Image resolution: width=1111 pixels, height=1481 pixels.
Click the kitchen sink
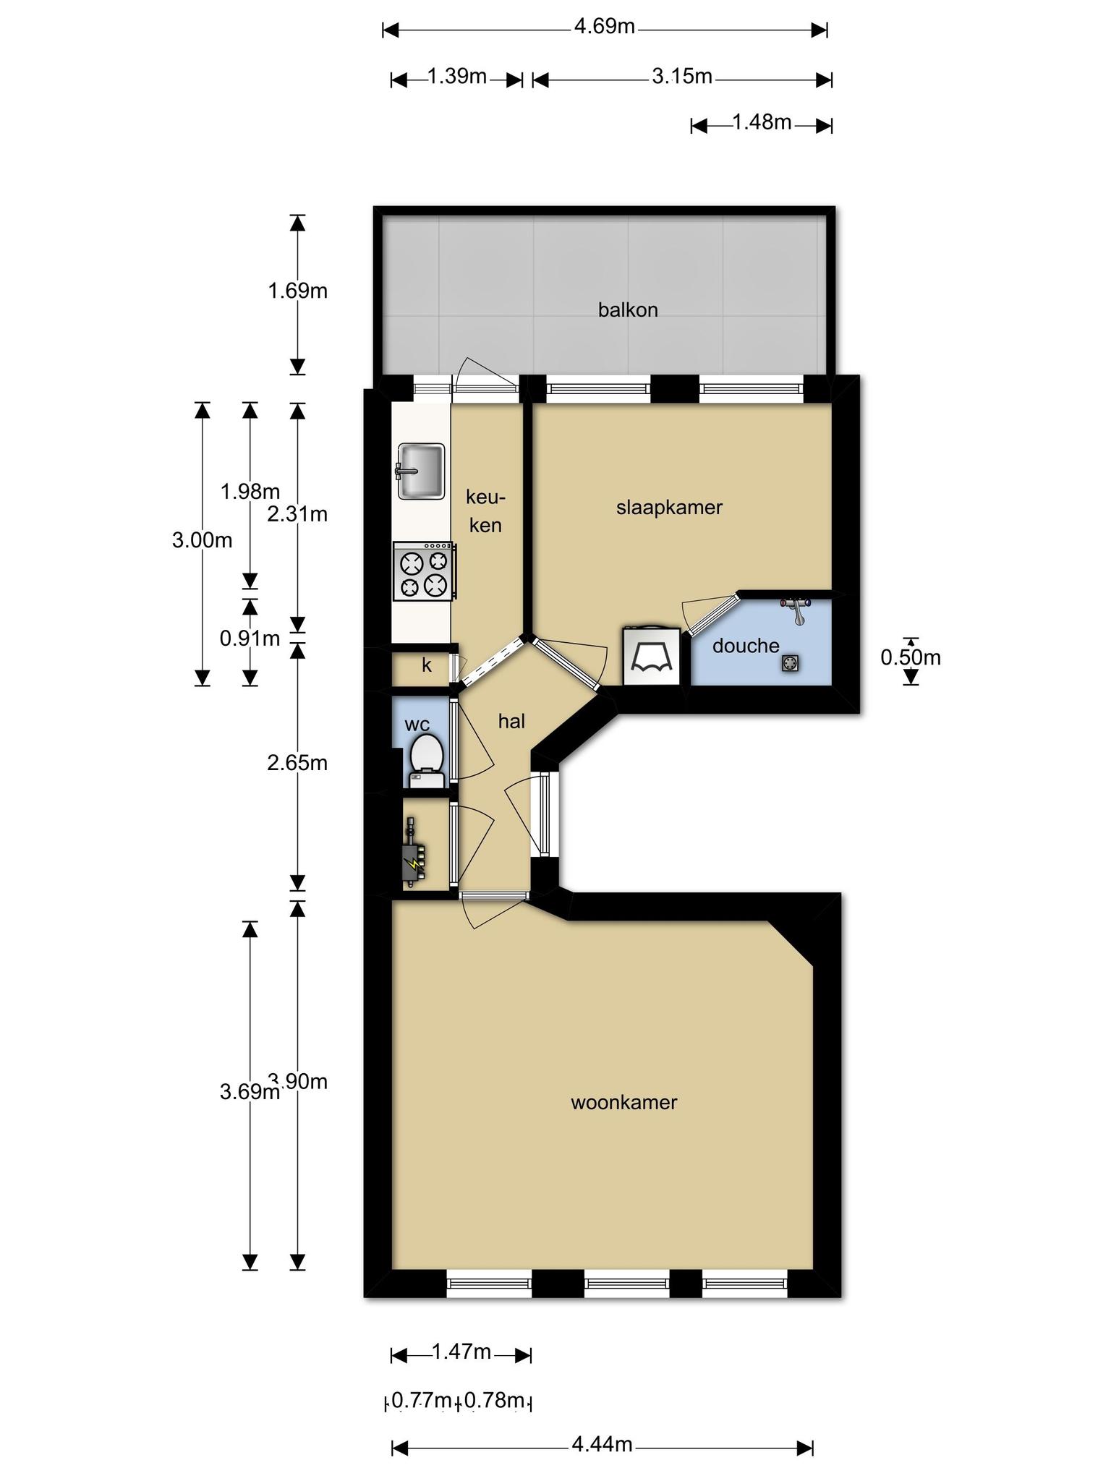coord(420,471)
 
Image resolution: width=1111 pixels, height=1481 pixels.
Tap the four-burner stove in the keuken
coord(425,571)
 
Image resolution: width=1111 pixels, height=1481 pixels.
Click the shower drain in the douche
coord(790,663)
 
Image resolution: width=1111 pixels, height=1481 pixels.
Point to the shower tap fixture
coord(796,610)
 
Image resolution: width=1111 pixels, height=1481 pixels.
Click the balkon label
coord(628,310)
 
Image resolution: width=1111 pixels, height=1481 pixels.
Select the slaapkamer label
coord(669,508)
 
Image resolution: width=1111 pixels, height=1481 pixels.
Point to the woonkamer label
coord(623,1103)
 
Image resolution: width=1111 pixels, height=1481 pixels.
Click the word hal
coord(511,721)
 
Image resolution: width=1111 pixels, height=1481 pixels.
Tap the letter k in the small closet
coord(427,665)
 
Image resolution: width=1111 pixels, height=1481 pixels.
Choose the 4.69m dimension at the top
coord(605,27)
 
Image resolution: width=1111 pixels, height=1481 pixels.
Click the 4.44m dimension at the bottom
coord(602,1445)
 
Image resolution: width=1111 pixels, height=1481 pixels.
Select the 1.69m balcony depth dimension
coord(297,291)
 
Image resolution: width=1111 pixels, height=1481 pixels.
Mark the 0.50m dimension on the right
coord(911,657)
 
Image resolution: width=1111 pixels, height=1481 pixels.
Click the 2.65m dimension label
coord(297,763)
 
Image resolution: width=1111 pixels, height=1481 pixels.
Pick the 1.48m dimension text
coord(762,122)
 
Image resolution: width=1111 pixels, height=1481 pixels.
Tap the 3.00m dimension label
coord(202,540)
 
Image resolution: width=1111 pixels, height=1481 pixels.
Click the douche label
coord(746,646)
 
